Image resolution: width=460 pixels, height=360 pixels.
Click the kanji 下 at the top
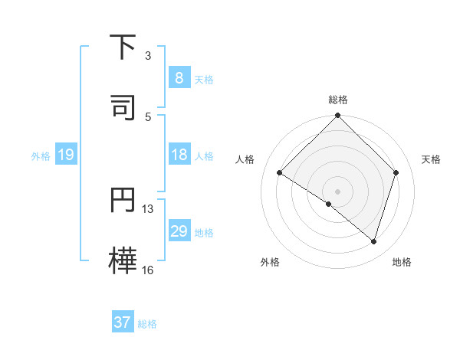(x=123, y=47)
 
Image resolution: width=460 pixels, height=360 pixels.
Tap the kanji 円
(x=123, y=200)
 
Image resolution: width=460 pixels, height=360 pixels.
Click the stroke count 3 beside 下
(x=148, y=56)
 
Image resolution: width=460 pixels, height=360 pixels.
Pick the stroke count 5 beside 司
(x=148, y=116)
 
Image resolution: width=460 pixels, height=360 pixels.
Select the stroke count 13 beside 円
(x=148, y=209)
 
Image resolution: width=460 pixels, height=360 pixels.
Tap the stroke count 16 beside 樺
(x=148, y=270)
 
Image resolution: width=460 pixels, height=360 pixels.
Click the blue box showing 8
(x=179, y=78)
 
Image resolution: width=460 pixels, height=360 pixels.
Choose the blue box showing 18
(x=179, y=155)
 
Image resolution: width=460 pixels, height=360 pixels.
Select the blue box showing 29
(x=179, y=232)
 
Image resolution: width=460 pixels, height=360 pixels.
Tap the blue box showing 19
(x=65, y=155)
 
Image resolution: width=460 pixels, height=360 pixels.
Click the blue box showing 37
(x=122, y=322)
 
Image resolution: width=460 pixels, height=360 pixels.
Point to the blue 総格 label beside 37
(x=147, y=324)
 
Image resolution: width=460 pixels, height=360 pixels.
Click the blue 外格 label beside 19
(x=41, y=156)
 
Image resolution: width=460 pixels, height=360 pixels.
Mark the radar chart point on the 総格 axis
(x=337, y=116)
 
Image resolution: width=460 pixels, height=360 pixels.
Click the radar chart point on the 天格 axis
(x=396, y=172)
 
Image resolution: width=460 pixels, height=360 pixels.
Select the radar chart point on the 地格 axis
(x=373, y=241)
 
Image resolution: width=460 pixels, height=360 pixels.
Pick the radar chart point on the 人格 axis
(x=280, y=173)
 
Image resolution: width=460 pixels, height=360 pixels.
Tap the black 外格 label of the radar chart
(x=270, y=262)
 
